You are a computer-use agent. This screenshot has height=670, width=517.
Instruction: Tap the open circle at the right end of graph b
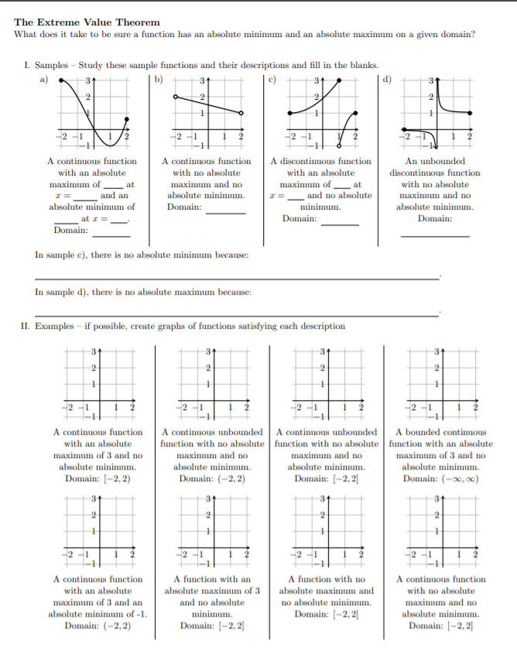click(242, 113)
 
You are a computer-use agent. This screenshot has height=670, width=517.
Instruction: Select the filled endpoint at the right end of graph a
click(127, 119)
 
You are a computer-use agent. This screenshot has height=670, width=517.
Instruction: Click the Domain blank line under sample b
click(226, 213)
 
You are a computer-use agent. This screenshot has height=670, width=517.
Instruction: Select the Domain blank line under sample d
click(434, 235)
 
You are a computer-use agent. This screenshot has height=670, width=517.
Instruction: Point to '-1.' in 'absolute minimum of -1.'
click(142, 614)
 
